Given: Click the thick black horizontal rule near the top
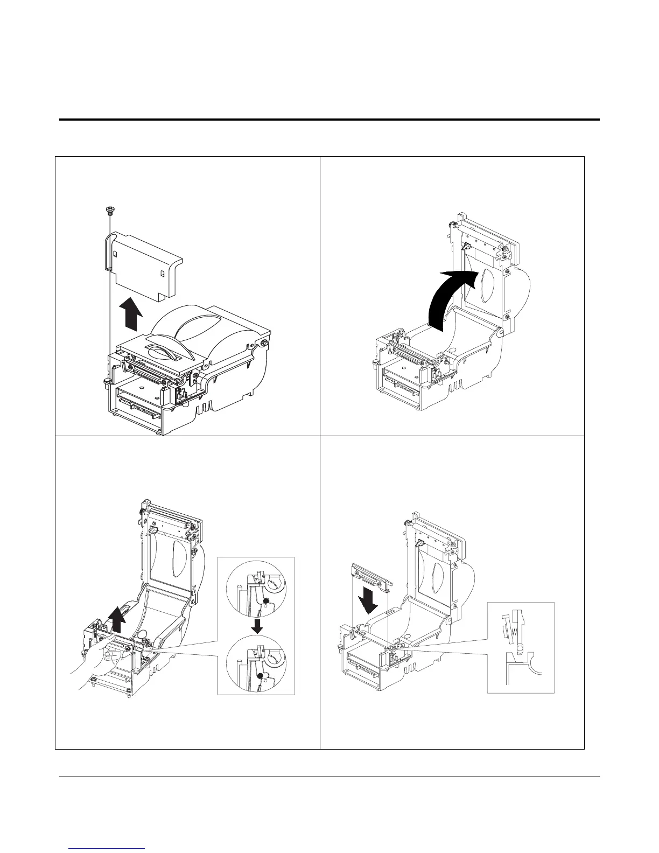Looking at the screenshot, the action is coord(329,119).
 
